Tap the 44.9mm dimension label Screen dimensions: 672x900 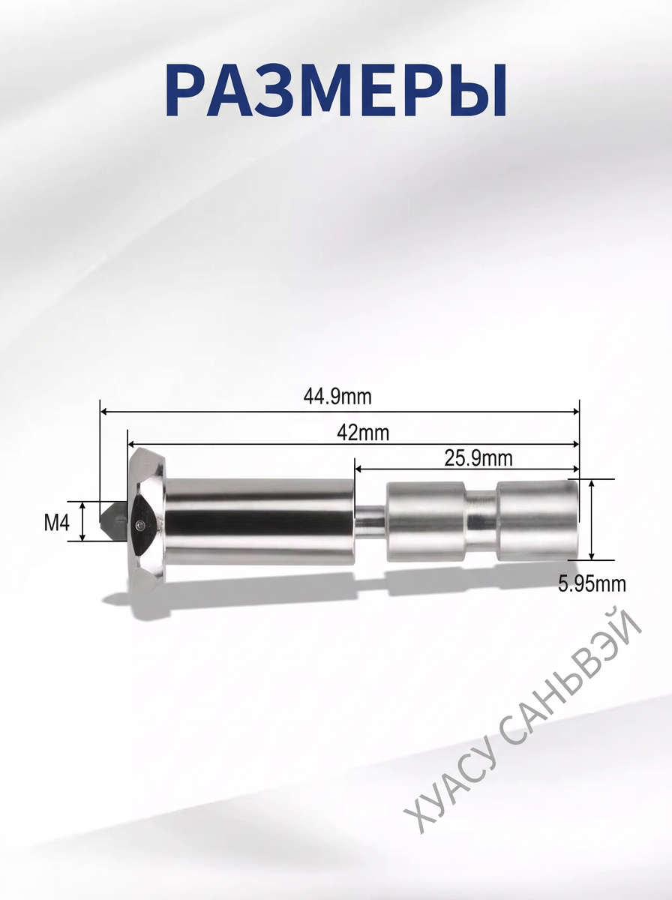[x=337, y=397]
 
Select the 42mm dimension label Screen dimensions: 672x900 [x=363, y=433]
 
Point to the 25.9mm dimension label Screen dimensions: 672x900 [x=478, y=458]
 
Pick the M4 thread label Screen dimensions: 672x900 [x=57, y=523]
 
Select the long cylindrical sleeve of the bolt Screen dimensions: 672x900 [x=259, y=521]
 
